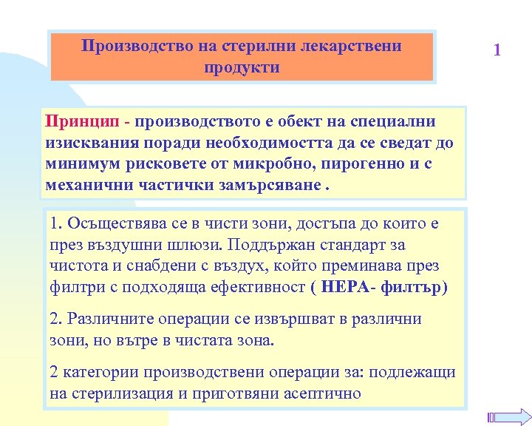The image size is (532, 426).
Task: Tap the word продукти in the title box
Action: [x=242, y=67]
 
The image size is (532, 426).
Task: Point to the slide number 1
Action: [x=497, y=50]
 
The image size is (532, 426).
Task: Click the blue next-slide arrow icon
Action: [x=508, y=416]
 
